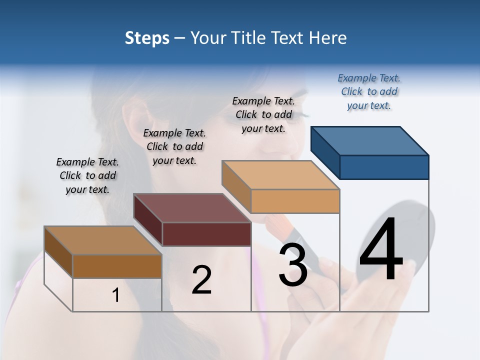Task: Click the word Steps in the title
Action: coord(147,38)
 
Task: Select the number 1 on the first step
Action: coord(116,295)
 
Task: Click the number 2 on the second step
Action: coord(201,280)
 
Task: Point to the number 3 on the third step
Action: coord(293,265)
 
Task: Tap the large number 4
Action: coord(381,250)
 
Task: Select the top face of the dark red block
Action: coord(192,208)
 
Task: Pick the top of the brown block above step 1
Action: coord(103,240)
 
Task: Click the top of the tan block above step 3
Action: coord(281,175)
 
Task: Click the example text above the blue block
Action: coord(369,92)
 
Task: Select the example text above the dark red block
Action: coord(174,146)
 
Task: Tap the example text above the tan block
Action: coord(263,114)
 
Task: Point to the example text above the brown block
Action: coord(87,175)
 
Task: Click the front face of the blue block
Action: coord(384,167)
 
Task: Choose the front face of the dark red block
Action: coord(206,234)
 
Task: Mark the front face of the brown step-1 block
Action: coord(117,266)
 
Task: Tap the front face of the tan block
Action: coord(295,201)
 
